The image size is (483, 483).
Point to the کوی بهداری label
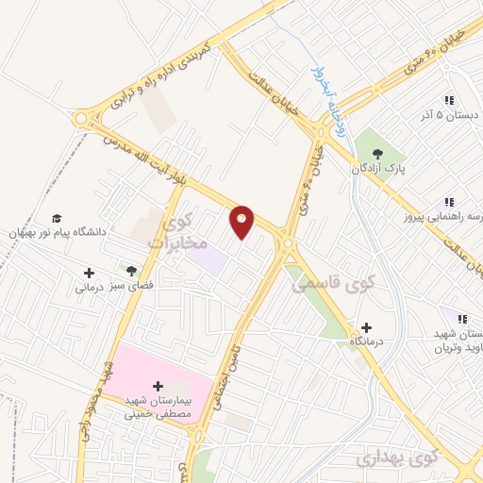(x=399, y=459)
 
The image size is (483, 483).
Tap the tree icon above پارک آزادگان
(x=378, y=152)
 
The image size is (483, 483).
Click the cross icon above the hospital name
(x=158, y=386)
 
